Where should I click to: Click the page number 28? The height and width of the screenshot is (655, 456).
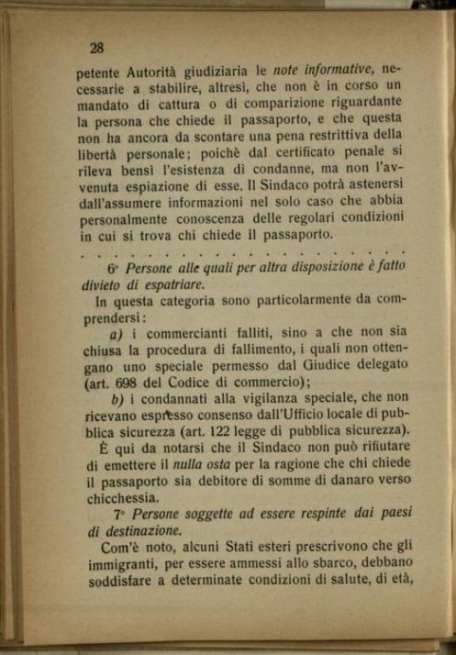coord(97,48)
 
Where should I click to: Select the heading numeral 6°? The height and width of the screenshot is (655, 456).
coord(112,268)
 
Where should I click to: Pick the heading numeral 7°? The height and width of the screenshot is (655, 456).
coord(117,515)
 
